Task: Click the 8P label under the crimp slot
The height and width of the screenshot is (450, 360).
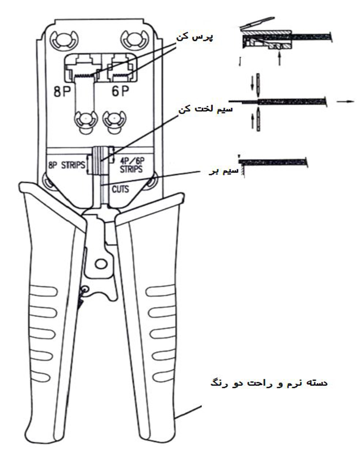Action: coord(62,91)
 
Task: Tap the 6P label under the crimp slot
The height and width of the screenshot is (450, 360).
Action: coord(120,91)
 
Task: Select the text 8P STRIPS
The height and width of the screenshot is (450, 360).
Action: coord(67,165)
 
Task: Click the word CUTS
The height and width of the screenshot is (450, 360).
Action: coord(120,189)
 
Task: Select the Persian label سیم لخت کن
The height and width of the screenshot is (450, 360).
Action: coord(206,110)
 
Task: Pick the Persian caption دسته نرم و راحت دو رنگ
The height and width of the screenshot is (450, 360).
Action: coord(269,383)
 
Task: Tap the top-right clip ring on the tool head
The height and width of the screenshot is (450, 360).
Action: coord(134,38)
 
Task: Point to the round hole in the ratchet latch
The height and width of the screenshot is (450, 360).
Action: coord(100,263)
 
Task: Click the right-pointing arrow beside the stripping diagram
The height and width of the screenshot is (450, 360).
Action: coord(346,101)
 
